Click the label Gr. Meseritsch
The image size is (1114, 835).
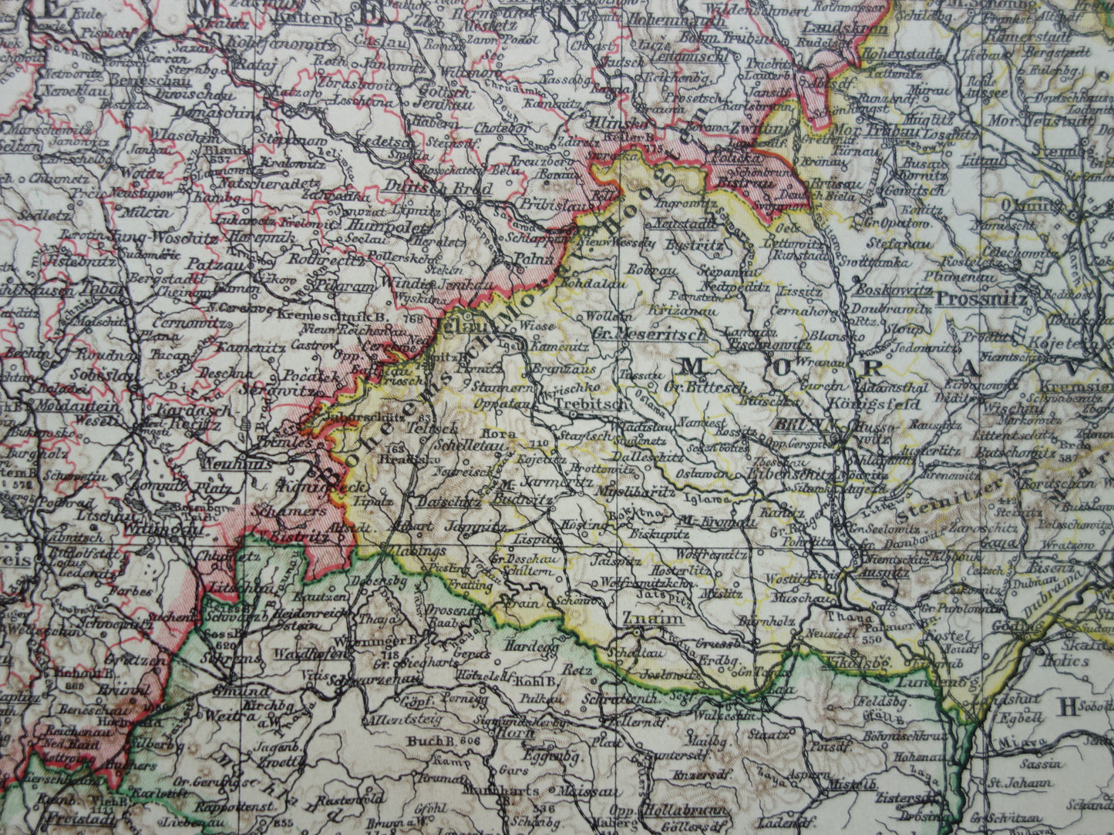coord(650,334)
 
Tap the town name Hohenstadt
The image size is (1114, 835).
coord(894,54)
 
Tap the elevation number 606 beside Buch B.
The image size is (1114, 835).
coord(468,740)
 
